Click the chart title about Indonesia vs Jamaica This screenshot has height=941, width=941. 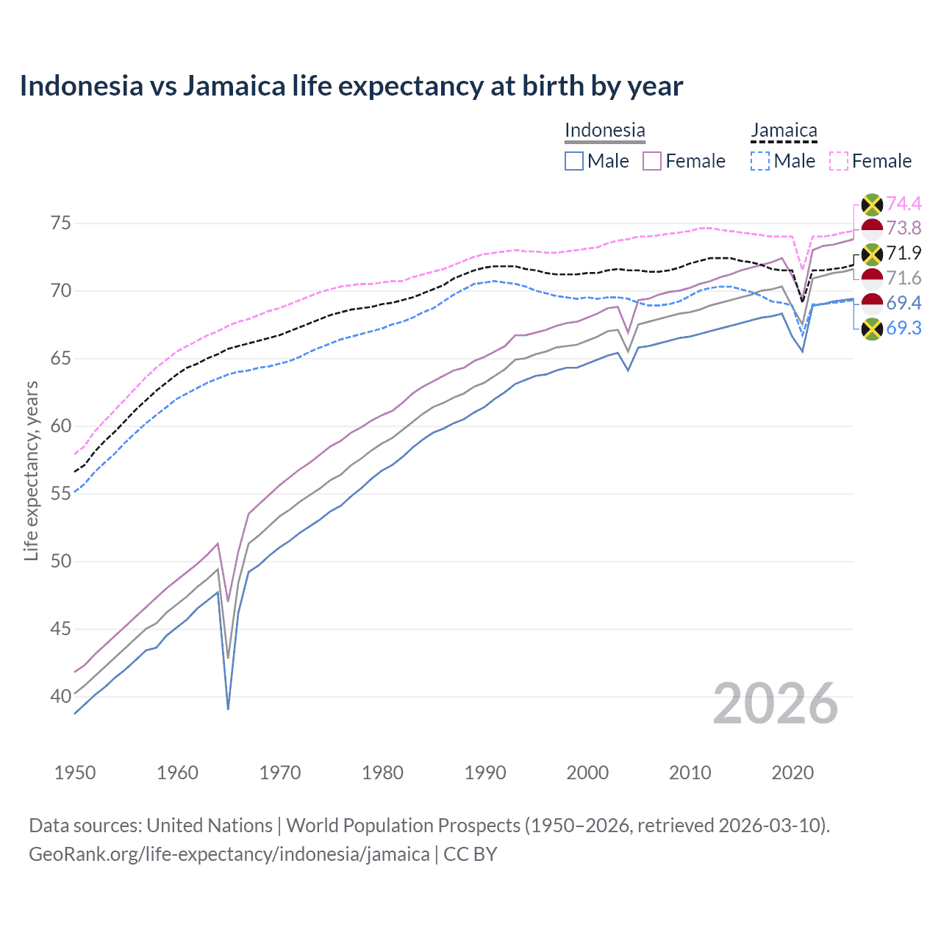pyautogui.click(x=351, y=86)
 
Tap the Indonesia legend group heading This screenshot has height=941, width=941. pyautogui.click(x=604, y=130)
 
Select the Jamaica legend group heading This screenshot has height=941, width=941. pyautogui.click(x=784, y=130)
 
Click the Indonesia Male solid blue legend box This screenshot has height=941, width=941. pyautogui.click(x=574, y=161)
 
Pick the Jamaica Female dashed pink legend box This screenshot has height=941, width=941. pyautogui.click(x=839, y=161)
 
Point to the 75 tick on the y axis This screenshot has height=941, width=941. pyautogui.click(x=56, y=223)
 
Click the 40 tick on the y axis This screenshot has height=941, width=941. pyautogui.click(x=56, y=696)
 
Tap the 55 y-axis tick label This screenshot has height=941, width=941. pyautogui.click(x=56, y=494)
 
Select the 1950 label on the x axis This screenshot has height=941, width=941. pyautogui.click(x=75, y=773)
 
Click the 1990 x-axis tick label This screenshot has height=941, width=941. pyautogui.click(x=485, y=773)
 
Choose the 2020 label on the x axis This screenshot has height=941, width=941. pyautogui.click(x=792, y=773)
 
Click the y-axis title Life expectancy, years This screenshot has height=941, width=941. pyautogui.click(x=31, y=470)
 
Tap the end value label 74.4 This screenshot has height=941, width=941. pyautogui.click(x=904, y=204)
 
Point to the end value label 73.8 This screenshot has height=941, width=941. pyautogui.click(x=904, y=229)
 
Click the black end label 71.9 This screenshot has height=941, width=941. pyautogui.click(x=904, y=254)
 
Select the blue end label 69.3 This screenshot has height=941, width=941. pyautogui.click(x=904, y=329)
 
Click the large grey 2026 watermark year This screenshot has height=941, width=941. pyautogui.click(x=775, y=704)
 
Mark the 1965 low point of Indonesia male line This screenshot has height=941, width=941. pyautogui.click(x=228, y=709)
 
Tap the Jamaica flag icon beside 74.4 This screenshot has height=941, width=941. pyautogui.click(x=872, y=204)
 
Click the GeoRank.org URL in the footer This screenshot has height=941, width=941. pyautogui.click(x=229, y=854)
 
